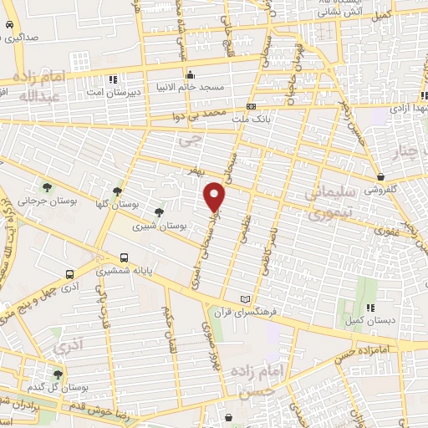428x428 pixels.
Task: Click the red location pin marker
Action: (216, 196)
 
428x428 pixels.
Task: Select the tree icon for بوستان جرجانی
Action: (45, 186)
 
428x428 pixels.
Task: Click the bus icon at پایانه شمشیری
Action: (125, 257)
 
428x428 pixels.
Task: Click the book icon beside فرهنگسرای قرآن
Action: (244, 299)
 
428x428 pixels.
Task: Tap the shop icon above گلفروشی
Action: (380, 176)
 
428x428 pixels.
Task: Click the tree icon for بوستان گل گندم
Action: (57, 375)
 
